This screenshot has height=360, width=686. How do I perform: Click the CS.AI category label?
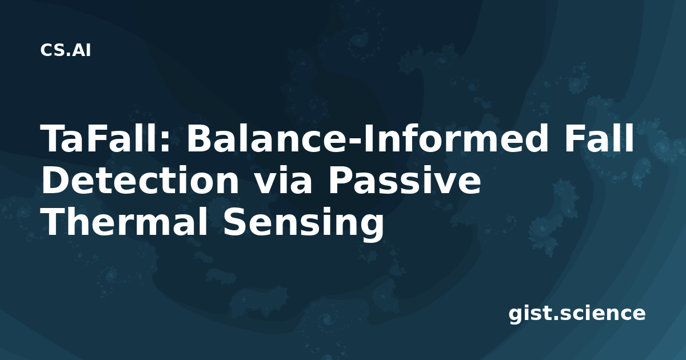click(65, 50)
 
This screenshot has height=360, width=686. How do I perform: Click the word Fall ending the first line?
click(599, 138)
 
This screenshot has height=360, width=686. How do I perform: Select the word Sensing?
click(303, 223)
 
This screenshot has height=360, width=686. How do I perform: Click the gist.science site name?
click(577, 314)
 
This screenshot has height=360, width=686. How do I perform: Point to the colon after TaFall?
click(165, 142)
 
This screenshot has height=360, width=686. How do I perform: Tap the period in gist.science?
click(556, 318)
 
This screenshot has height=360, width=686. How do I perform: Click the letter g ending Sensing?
click(372, 228)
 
